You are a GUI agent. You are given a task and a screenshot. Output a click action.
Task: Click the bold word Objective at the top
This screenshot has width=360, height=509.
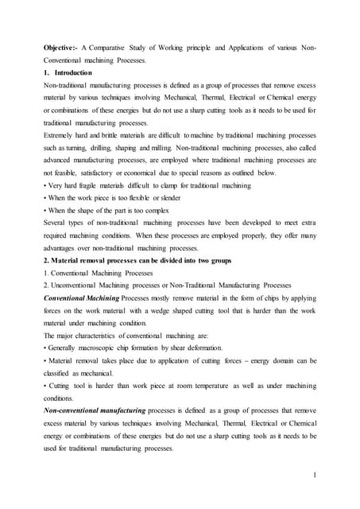click(x=60, y=49)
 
